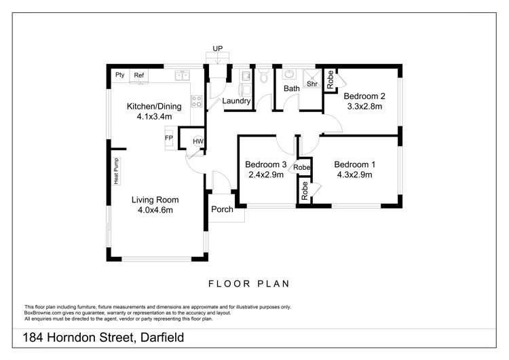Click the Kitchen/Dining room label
pyautogui.click(x=154, y=107)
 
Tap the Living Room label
pyautogui.click(x=155, y=200)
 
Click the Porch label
pyautogui.click(x=222, y=209)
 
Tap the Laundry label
pyautogui.click(x=237, y=102)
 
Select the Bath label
pyautogui.click(x=292, y=88)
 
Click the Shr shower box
pyautogui.click(x=312, y=84)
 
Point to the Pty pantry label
pyautogui.click(x=120, y=75)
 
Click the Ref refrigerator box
pyautogui.click(x=139, y=75)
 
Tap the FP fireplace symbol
pyautogui.click(x=169, y=138)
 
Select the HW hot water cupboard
pyautogui.click(x=197, y=141)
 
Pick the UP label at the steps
pyautogui.click(x=217, y=49)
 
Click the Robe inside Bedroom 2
pyautogui.click(x=331, y=80)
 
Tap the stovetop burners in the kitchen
pyautogui.click(x=196, y=101)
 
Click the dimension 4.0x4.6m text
pyautogui.click(x=155, y=210)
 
